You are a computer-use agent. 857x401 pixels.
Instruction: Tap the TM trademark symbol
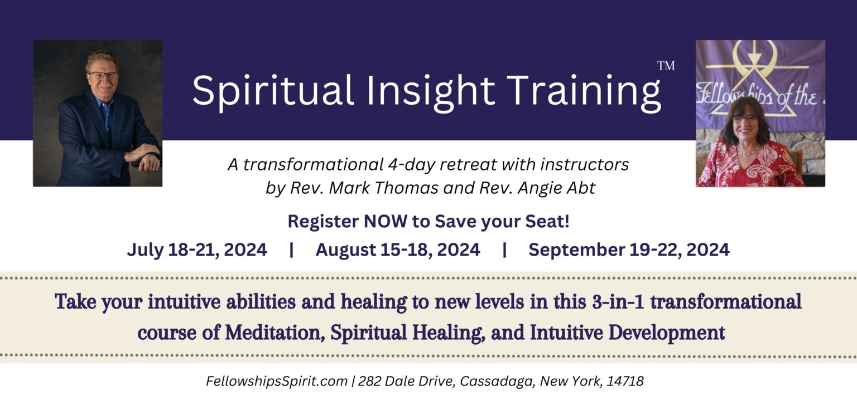coord(666,66)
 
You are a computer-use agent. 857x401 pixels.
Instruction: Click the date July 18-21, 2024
coord(196,250)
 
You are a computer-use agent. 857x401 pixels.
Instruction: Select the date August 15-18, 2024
coord(398,250)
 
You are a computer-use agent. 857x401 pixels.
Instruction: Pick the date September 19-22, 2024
coord(629,250)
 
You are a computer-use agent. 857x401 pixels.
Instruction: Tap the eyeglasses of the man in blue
coord(102,75)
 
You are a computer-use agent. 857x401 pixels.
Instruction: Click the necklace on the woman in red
coord(748,150)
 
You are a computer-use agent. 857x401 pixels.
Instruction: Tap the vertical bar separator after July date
coord(291,250)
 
